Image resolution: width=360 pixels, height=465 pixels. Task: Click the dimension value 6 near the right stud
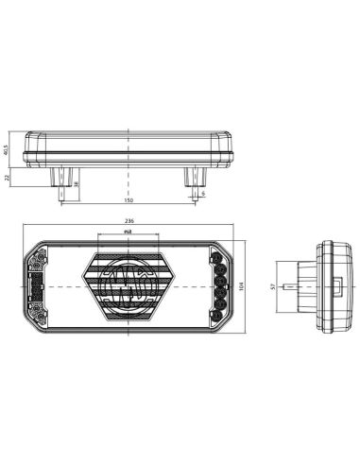202,193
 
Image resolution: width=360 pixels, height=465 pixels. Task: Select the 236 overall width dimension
128,223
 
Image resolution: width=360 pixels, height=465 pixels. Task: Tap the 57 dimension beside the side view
273,285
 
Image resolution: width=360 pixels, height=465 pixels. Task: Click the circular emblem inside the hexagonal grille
127,284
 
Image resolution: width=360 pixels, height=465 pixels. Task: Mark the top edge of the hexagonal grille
127,252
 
